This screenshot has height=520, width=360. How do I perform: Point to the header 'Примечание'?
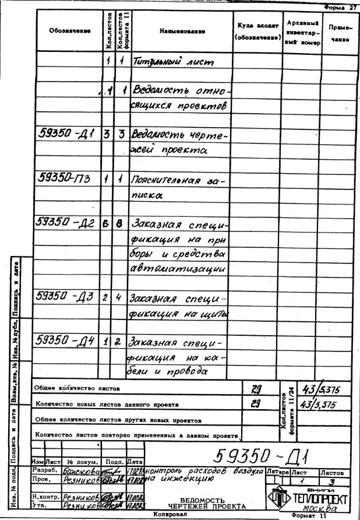click(x=339, y=31)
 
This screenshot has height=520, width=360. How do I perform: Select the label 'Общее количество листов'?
click(x=76, y=387)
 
